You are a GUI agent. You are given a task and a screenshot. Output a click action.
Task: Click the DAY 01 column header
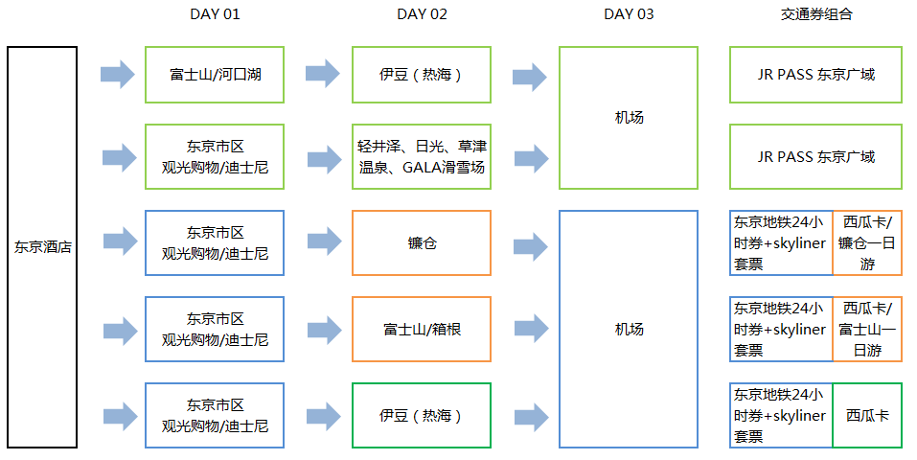click(215, 14)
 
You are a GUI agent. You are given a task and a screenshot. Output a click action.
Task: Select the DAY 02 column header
click(422, 14)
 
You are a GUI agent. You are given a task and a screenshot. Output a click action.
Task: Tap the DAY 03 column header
click(629, 14)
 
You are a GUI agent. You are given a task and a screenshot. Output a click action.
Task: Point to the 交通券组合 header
click(815, 14)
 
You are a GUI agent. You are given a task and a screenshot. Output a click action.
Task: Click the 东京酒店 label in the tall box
click(42, 246)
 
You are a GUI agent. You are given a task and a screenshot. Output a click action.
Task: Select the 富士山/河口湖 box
click(215, 74)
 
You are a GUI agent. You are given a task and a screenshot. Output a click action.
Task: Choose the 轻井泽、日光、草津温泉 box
click(422, 156)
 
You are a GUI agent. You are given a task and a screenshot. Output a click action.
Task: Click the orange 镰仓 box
click(422, 243)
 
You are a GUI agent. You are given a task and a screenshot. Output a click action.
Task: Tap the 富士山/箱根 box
click(422, 329)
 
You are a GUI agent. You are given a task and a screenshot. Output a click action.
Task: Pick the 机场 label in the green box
click(629, 118)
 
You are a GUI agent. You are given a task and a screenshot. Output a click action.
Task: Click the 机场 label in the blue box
click(629, 329)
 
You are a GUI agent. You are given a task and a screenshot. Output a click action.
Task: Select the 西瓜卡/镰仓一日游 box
click(867, 243)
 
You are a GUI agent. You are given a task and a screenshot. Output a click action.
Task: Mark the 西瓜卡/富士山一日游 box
click(867, 329)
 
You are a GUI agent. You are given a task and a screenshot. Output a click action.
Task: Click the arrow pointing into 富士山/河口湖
click(117, 74)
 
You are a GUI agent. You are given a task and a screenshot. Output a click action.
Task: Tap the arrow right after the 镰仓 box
click(530, 244)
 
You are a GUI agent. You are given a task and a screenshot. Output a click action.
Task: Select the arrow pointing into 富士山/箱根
click(323, 330)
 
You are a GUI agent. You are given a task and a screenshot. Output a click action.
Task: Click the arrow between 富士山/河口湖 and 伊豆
click(323, 74)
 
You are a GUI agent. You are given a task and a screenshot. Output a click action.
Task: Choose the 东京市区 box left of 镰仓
click(215, 243)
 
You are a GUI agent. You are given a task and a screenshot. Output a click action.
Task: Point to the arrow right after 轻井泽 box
click(530, 157)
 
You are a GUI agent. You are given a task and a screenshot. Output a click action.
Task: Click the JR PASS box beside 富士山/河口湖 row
click(815, 74)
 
